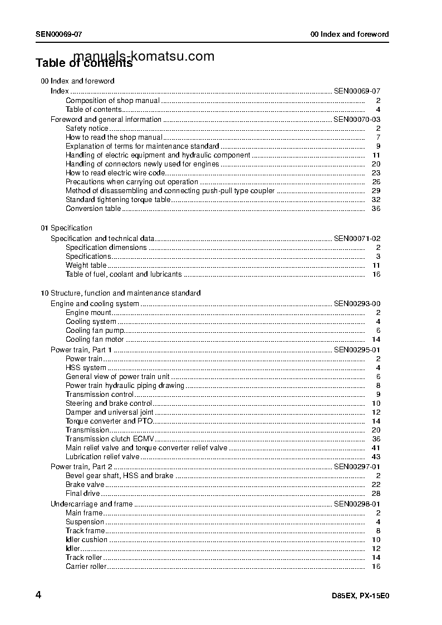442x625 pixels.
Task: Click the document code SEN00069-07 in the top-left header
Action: (x=59, y=34)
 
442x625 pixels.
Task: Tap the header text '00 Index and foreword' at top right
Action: (x=350, y=34)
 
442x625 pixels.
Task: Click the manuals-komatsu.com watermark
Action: (x=144, y=56)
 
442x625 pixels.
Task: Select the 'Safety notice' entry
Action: (x=87, y=128)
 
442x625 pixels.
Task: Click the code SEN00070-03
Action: (x=357, y=119)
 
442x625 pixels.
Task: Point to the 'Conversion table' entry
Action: (x=93, y=209)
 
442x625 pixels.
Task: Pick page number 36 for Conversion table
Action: (x=376, y=209)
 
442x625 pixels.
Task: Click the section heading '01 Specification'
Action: (x=67, y=228)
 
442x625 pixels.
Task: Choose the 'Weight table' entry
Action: (x=86, y=265)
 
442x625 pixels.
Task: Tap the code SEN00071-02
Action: (x=357, y=238)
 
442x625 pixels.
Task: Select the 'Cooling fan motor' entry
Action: (x=95, y=339)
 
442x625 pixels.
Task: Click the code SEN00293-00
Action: (x=357, y=303)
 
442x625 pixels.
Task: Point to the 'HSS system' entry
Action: (x=86, y=368)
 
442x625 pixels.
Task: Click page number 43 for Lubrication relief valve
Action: (x=376, y=457)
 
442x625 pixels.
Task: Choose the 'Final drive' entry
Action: (x=83, y=493)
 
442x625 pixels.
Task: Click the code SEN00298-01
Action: (x=357, y=504)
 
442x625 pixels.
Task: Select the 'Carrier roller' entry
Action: (x=86, y=567)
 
